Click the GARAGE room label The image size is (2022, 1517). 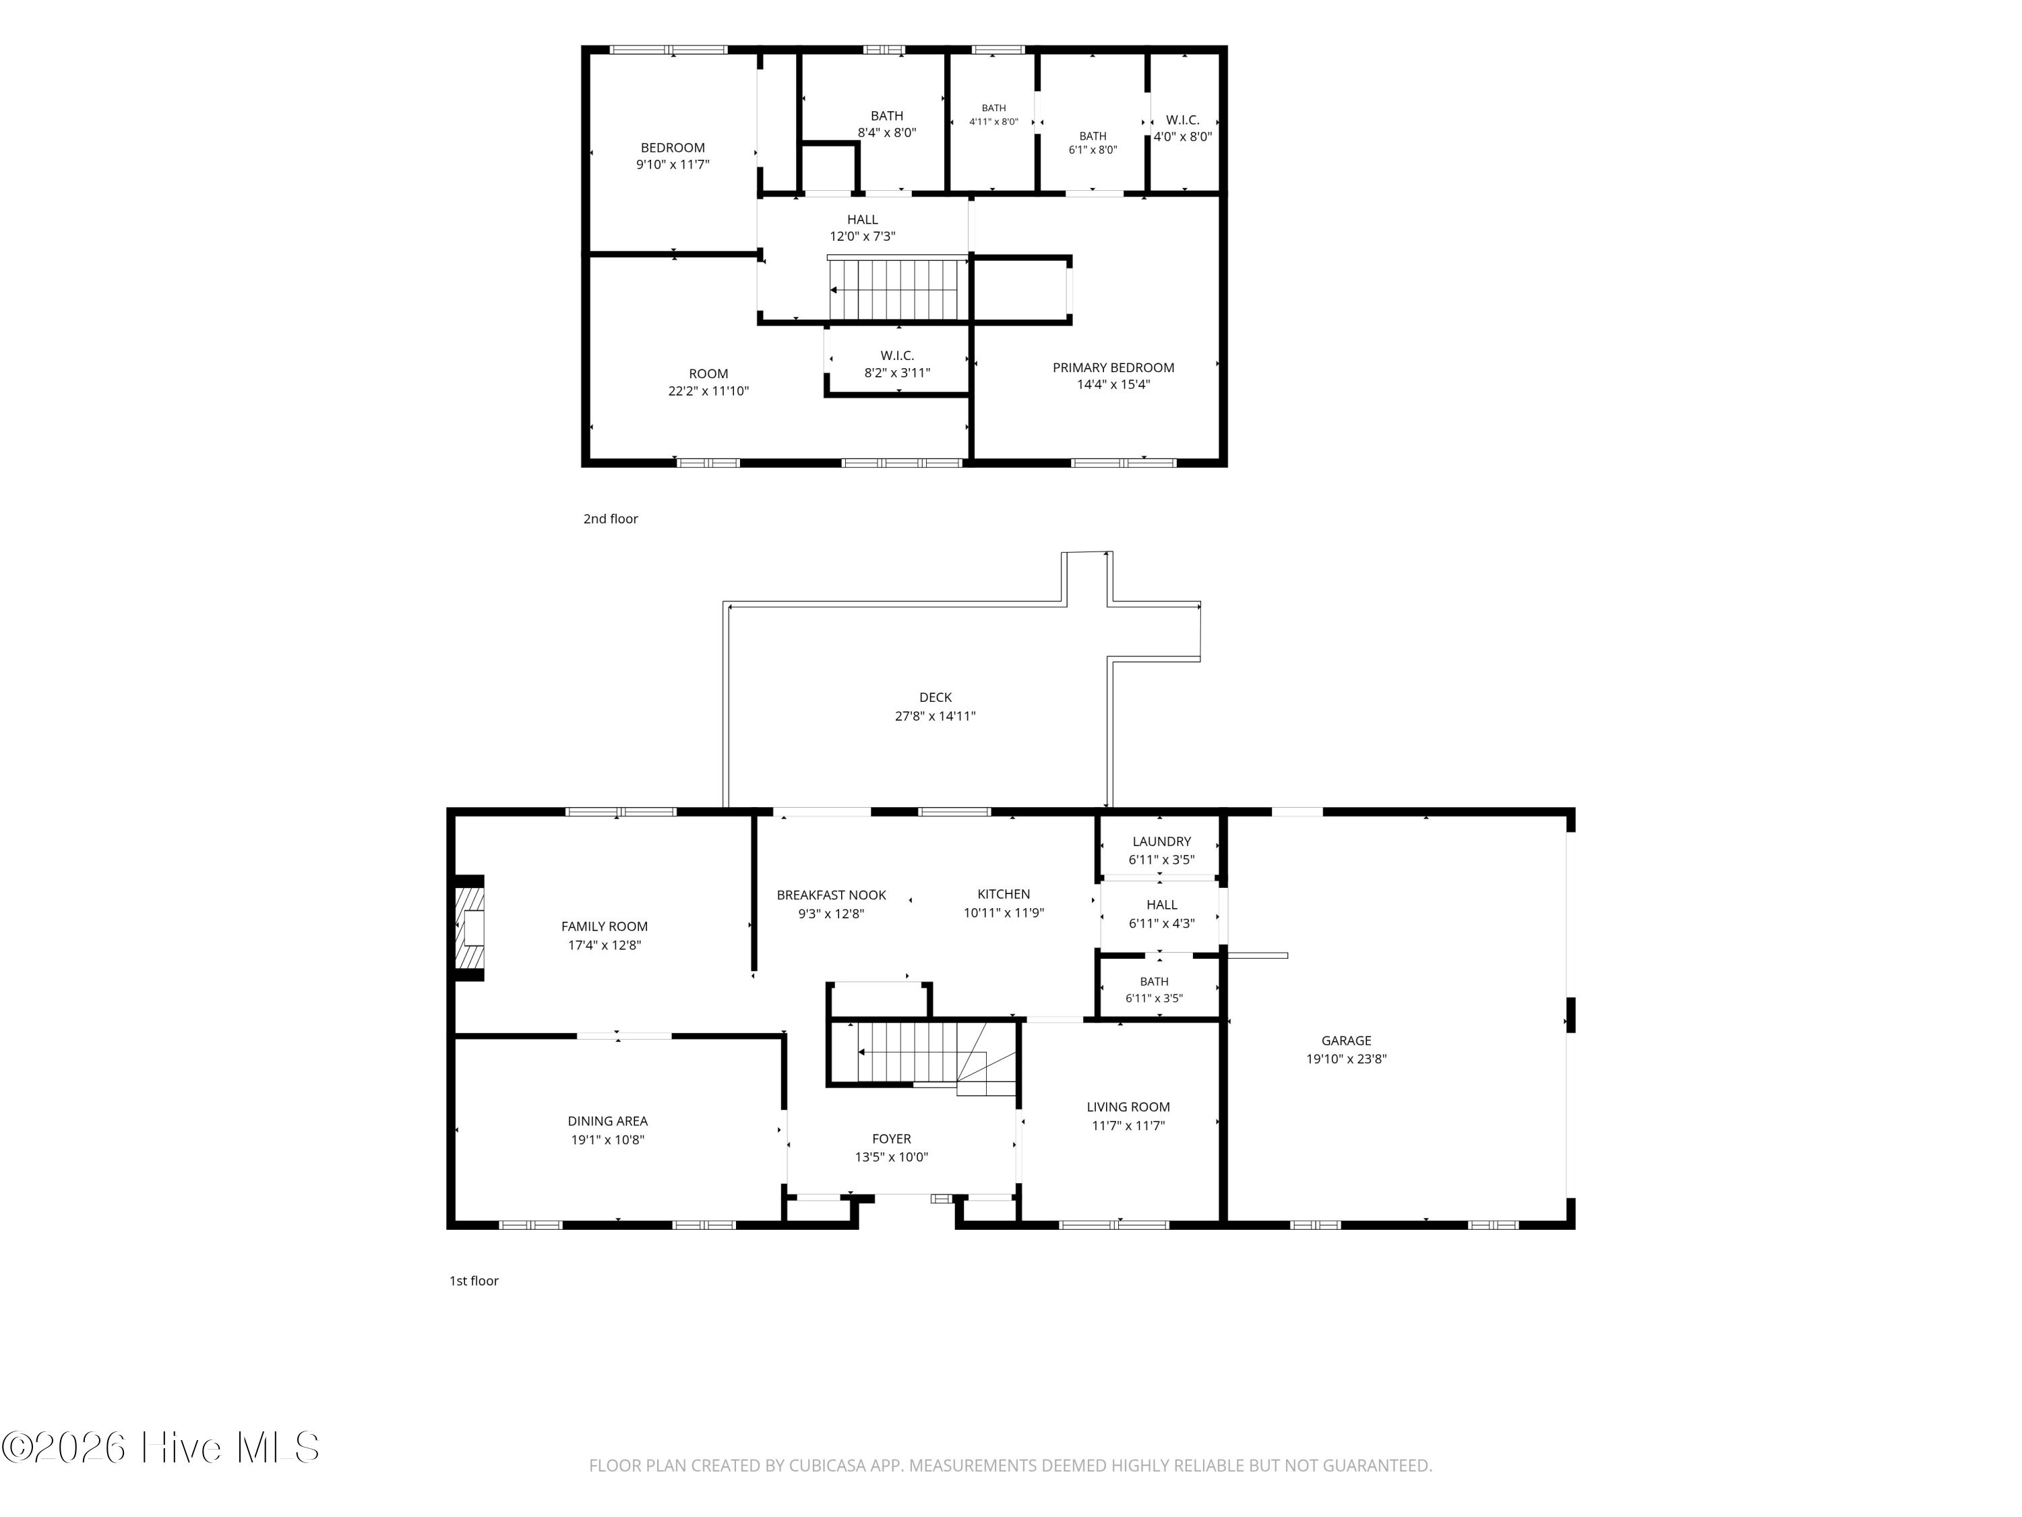(1345, 1040)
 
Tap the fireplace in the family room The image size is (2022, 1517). (470, 928)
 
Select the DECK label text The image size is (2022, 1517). (935, 698)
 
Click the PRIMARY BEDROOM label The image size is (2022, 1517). (1113, 367)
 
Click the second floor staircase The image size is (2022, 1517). (898, 289)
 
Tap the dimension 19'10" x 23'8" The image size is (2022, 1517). (1345, 1059)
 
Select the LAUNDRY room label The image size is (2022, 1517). (1161, 841)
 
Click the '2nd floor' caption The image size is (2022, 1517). (611, 518)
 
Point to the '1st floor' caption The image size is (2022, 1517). (474, 1280)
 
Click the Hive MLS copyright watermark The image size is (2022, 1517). (161, 1447)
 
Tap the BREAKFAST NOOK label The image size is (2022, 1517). (831, 895)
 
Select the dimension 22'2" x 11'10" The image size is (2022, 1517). (708, 390)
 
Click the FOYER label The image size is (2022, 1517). (891, 1139)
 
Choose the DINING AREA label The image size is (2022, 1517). (607, 1121)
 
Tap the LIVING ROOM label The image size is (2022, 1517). (1128, 1106)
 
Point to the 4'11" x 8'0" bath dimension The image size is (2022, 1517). (993, 121)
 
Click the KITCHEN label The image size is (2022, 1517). (1004, 894)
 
